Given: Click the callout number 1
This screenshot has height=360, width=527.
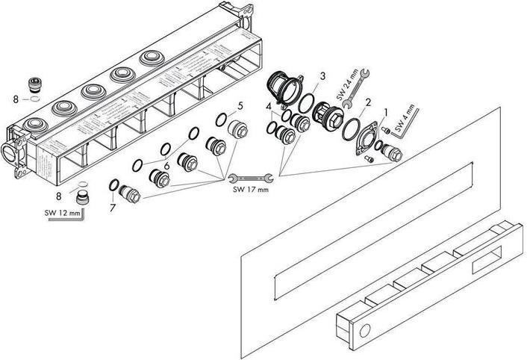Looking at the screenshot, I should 384,111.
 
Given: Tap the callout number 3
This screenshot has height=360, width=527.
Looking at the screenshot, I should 322,75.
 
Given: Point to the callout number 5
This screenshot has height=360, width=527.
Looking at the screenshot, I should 239,105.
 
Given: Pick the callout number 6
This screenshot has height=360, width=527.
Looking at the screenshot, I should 167,166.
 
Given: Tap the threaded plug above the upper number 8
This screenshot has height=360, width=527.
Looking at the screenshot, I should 34,84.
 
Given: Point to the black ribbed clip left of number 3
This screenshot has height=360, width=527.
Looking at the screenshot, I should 281,89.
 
